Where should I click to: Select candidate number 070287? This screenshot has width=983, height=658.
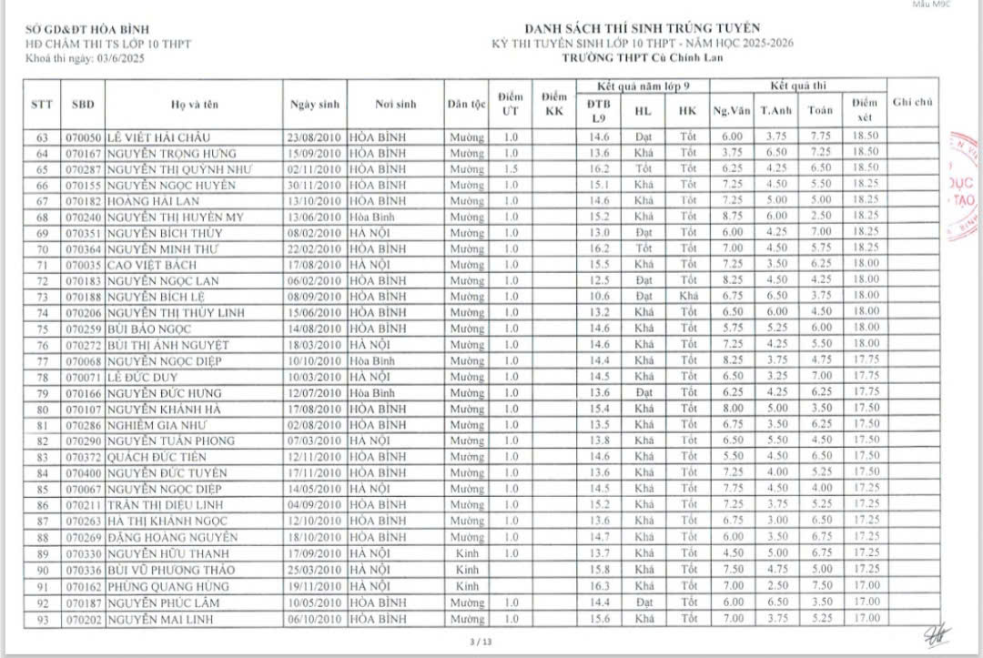[x=84, y=169]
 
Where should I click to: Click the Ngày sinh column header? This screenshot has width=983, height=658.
[x=315, y=104]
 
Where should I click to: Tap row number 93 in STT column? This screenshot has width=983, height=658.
[x=42, y=619]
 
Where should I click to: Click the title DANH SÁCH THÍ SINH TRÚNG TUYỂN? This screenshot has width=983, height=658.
[x=642, y=28]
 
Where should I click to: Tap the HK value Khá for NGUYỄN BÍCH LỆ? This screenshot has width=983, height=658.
[x=687, y=297]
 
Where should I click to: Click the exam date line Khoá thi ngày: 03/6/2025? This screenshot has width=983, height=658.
[x=86, y=58]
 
